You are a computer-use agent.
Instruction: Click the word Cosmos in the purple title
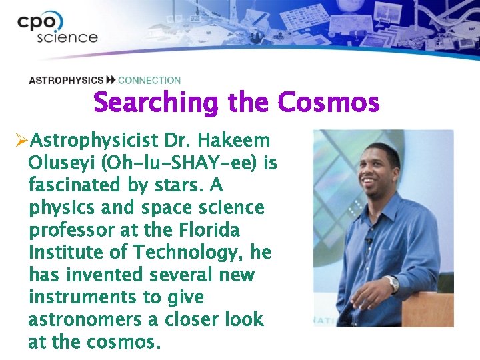pyautogui.click(x=328, y=103)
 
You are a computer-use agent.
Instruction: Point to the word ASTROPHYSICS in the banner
pyautogui.click(x=66, y=81)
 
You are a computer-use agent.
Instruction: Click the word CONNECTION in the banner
pyautogui.click(x=149, y=81)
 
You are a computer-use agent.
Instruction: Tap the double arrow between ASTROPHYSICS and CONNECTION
pyautogui.click(x=111, y=81)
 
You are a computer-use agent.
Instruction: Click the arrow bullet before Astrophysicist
pyautogui.click(x=21, y=141)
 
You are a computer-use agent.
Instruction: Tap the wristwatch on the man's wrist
pyautogui.click(x=393, y=283)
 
